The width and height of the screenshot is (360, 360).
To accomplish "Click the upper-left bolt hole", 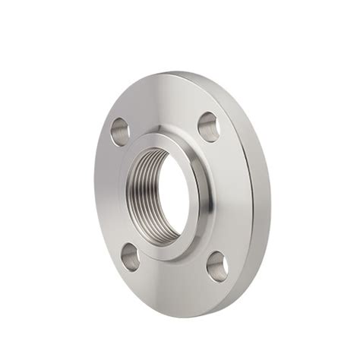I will (119, 131).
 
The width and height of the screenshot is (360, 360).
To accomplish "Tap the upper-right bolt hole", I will (209, 125).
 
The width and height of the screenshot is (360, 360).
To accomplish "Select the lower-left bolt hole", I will (130, 257).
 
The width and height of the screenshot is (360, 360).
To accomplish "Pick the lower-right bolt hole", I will (219, 265).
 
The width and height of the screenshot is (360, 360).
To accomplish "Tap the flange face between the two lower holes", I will (173, 283).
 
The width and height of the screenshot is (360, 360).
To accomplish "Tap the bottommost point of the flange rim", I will (182, 317).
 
